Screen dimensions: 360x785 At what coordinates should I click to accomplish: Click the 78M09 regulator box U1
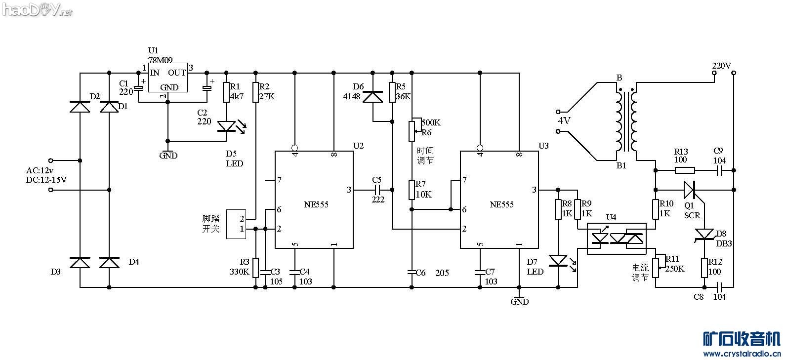click(x=167, y=77)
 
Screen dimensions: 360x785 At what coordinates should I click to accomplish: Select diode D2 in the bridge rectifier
click(x=80, y=107)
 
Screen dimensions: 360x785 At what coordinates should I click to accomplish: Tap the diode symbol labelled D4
click(x=109, y=262)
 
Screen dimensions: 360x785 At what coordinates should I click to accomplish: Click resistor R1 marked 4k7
click(x=226, y=92)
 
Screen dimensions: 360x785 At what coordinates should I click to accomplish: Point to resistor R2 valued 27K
click(x=255, y=92)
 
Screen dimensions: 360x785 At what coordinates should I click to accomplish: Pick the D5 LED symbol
click(x=227, y=127)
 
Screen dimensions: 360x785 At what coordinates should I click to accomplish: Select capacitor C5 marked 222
click(x=377, y=190)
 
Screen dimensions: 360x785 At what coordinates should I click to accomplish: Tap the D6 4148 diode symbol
click(x=372, y=96)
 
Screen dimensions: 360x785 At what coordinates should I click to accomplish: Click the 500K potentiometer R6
click(x=412, y=130)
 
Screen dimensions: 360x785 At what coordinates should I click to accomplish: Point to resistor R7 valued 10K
click(x=412, y=190)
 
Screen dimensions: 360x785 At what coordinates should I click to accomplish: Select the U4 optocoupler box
click(x=617, y=239)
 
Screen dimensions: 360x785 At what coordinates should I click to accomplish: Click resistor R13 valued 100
click(x=684, y=170)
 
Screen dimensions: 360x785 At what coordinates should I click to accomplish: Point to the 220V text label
click(x=721, y=65)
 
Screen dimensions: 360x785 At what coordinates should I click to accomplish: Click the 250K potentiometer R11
click(x=656, y=267)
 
